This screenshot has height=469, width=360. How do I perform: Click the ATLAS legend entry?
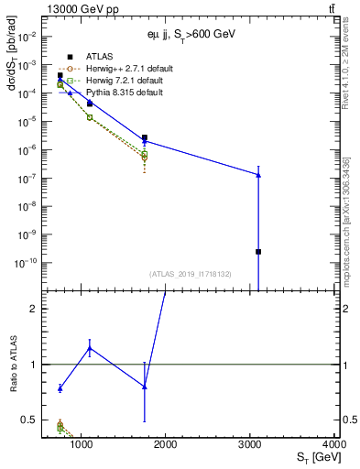[x=98, y=57]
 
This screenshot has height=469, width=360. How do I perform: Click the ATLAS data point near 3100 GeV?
[x=258, y=251]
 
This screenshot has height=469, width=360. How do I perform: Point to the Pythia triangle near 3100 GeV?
[x=258, y=175]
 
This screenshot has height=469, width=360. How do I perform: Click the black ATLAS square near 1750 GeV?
[x=145, y=137]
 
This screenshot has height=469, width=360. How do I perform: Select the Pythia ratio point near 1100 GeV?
[x=89, y=347]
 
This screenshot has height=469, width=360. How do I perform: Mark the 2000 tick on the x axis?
[x=166, y=437]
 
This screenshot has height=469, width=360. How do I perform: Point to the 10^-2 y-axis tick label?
[x=26, y=37]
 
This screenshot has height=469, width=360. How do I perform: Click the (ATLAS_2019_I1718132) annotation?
[x=190, y=273]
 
